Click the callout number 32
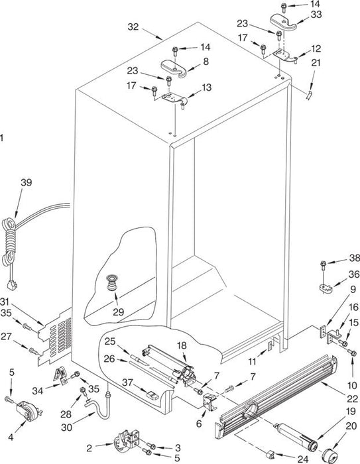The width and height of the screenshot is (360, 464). point(133,27)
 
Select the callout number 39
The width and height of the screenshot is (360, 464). point(26,182)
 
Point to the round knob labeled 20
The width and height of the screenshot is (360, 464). point(330,450)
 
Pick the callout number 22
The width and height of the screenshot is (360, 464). point(352,398)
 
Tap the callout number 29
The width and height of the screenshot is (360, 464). point(118,312)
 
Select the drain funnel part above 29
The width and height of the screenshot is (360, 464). point(112,282)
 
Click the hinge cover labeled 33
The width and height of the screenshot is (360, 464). point(282,23)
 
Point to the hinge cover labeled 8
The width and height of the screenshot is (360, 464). point(174,68)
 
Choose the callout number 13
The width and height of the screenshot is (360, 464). point(207,87)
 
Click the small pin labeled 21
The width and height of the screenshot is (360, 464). point(309,95)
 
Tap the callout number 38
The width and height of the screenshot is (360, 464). point(354,258)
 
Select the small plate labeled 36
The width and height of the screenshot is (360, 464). point(326,288)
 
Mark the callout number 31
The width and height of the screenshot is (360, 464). point(5,302)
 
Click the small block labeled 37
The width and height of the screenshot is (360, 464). point(153,395)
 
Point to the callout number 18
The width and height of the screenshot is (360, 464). point(182,345)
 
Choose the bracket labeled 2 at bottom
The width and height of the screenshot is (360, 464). point(126,440)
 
